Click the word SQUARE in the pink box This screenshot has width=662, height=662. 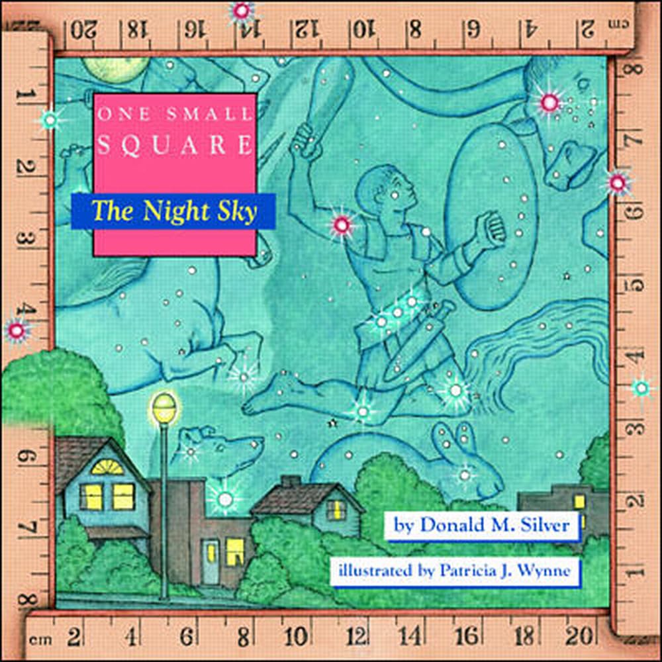[x=175, y=145]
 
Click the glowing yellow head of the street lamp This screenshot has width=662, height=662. [x=164, y=405]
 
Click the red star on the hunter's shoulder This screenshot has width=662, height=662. [x=342, y=226]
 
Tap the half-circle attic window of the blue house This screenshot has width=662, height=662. [x=107, y=467]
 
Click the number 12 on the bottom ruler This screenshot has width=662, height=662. [x=357, y=638]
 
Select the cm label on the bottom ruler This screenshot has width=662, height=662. [x=40, y=640]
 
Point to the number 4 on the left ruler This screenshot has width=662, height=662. [x=26, y=310]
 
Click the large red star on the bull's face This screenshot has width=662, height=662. [x=549, y=103]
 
